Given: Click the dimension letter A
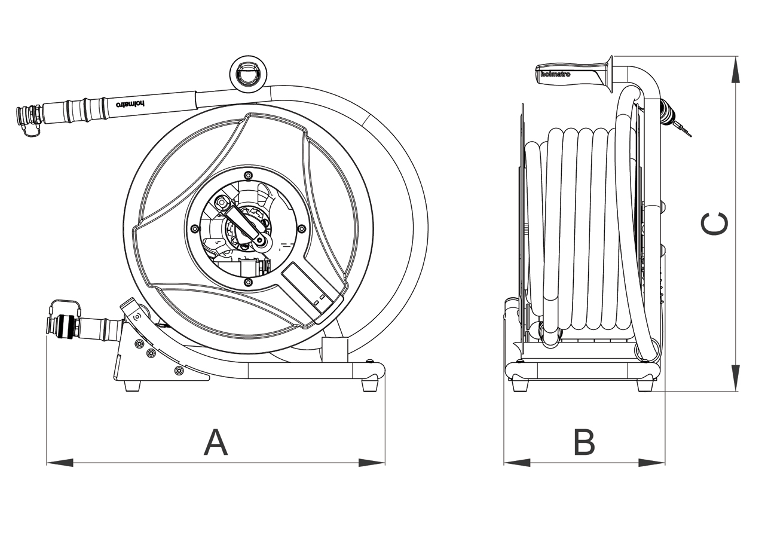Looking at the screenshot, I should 216,442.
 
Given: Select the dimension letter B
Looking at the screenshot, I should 584,442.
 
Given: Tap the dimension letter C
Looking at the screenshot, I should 715,224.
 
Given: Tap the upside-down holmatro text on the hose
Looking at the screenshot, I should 130,103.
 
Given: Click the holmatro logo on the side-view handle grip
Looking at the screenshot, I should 555,74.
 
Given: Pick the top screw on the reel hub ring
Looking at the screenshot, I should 249,175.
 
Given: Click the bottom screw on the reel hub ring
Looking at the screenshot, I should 247,282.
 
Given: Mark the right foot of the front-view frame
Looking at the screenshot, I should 371,386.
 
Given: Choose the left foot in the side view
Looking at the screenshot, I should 521,386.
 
